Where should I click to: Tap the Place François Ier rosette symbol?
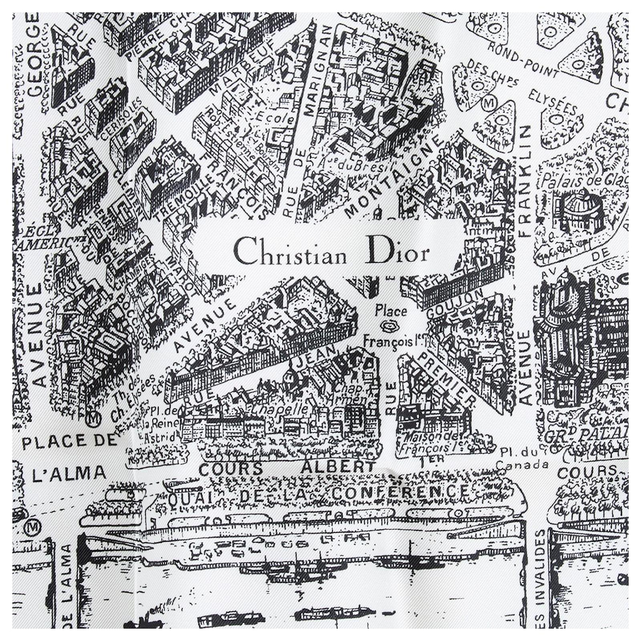pos(387,327)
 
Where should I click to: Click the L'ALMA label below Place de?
pos(69,473)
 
